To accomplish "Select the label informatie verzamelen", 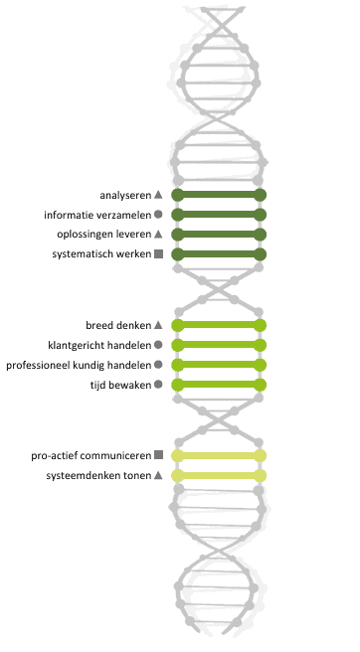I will click(96, 215).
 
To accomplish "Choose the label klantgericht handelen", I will click(98, 345).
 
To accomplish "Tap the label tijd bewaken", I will click(119, 385).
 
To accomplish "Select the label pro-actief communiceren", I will click(90, 455).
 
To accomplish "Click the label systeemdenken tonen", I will click(97, 476).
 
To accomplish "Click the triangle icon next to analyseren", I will click(158, 195).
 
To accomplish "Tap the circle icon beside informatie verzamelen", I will click(158, 215).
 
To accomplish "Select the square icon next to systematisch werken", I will click(158, 254).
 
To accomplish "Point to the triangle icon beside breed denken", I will click(158, 325).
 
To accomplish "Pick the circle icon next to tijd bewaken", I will click(158, 385).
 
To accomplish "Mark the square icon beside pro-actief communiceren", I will click(158, 455).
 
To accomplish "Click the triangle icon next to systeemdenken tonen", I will click(158, 476).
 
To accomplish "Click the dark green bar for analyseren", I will click(219, 195).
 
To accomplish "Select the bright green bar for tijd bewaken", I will click(219, 385).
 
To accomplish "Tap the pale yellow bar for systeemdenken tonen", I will click(219, 476).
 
